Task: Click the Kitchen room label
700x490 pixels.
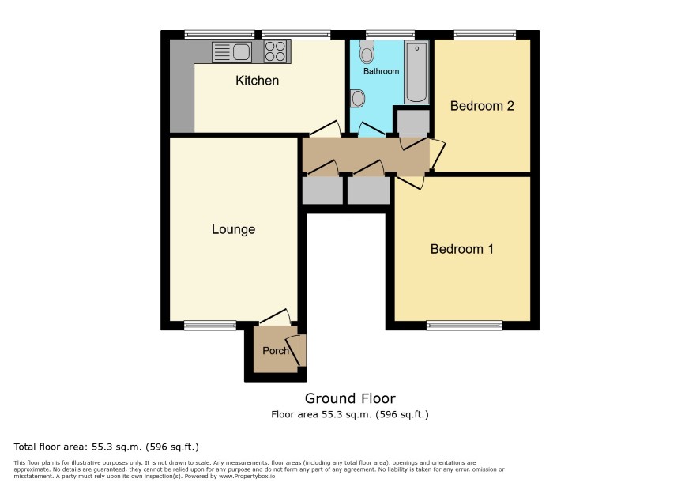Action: pos(257,81)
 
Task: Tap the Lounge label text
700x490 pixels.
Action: pos(234,229)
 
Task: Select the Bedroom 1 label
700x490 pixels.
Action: pos(462,249)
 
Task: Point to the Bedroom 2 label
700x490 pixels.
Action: pos(482,106)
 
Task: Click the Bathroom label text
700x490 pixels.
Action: pos(381,71)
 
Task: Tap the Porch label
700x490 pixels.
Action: pos(276,351)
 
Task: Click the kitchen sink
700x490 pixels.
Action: pos(231,52)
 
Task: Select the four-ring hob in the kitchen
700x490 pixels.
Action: pos(275,51)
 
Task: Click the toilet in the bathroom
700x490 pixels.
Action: pos(367,51)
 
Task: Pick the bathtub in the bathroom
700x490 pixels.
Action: pos(416,73)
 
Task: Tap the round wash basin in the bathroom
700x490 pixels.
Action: pos(357,98)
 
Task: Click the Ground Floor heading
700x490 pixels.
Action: pos(350,398)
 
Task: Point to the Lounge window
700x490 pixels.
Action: pos(210,326)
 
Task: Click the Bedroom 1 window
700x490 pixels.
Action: pos(465,326)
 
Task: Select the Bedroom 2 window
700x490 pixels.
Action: pos(485,35)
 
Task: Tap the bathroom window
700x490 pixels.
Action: pos(390,35)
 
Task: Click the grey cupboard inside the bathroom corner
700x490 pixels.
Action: pos(413,122)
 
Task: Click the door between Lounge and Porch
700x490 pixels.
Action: pos(275,316)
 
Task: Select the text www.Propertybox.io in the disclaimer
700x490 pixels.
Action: pos(247,476)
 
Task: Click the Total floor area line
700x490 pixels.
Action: pos(106,447)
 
